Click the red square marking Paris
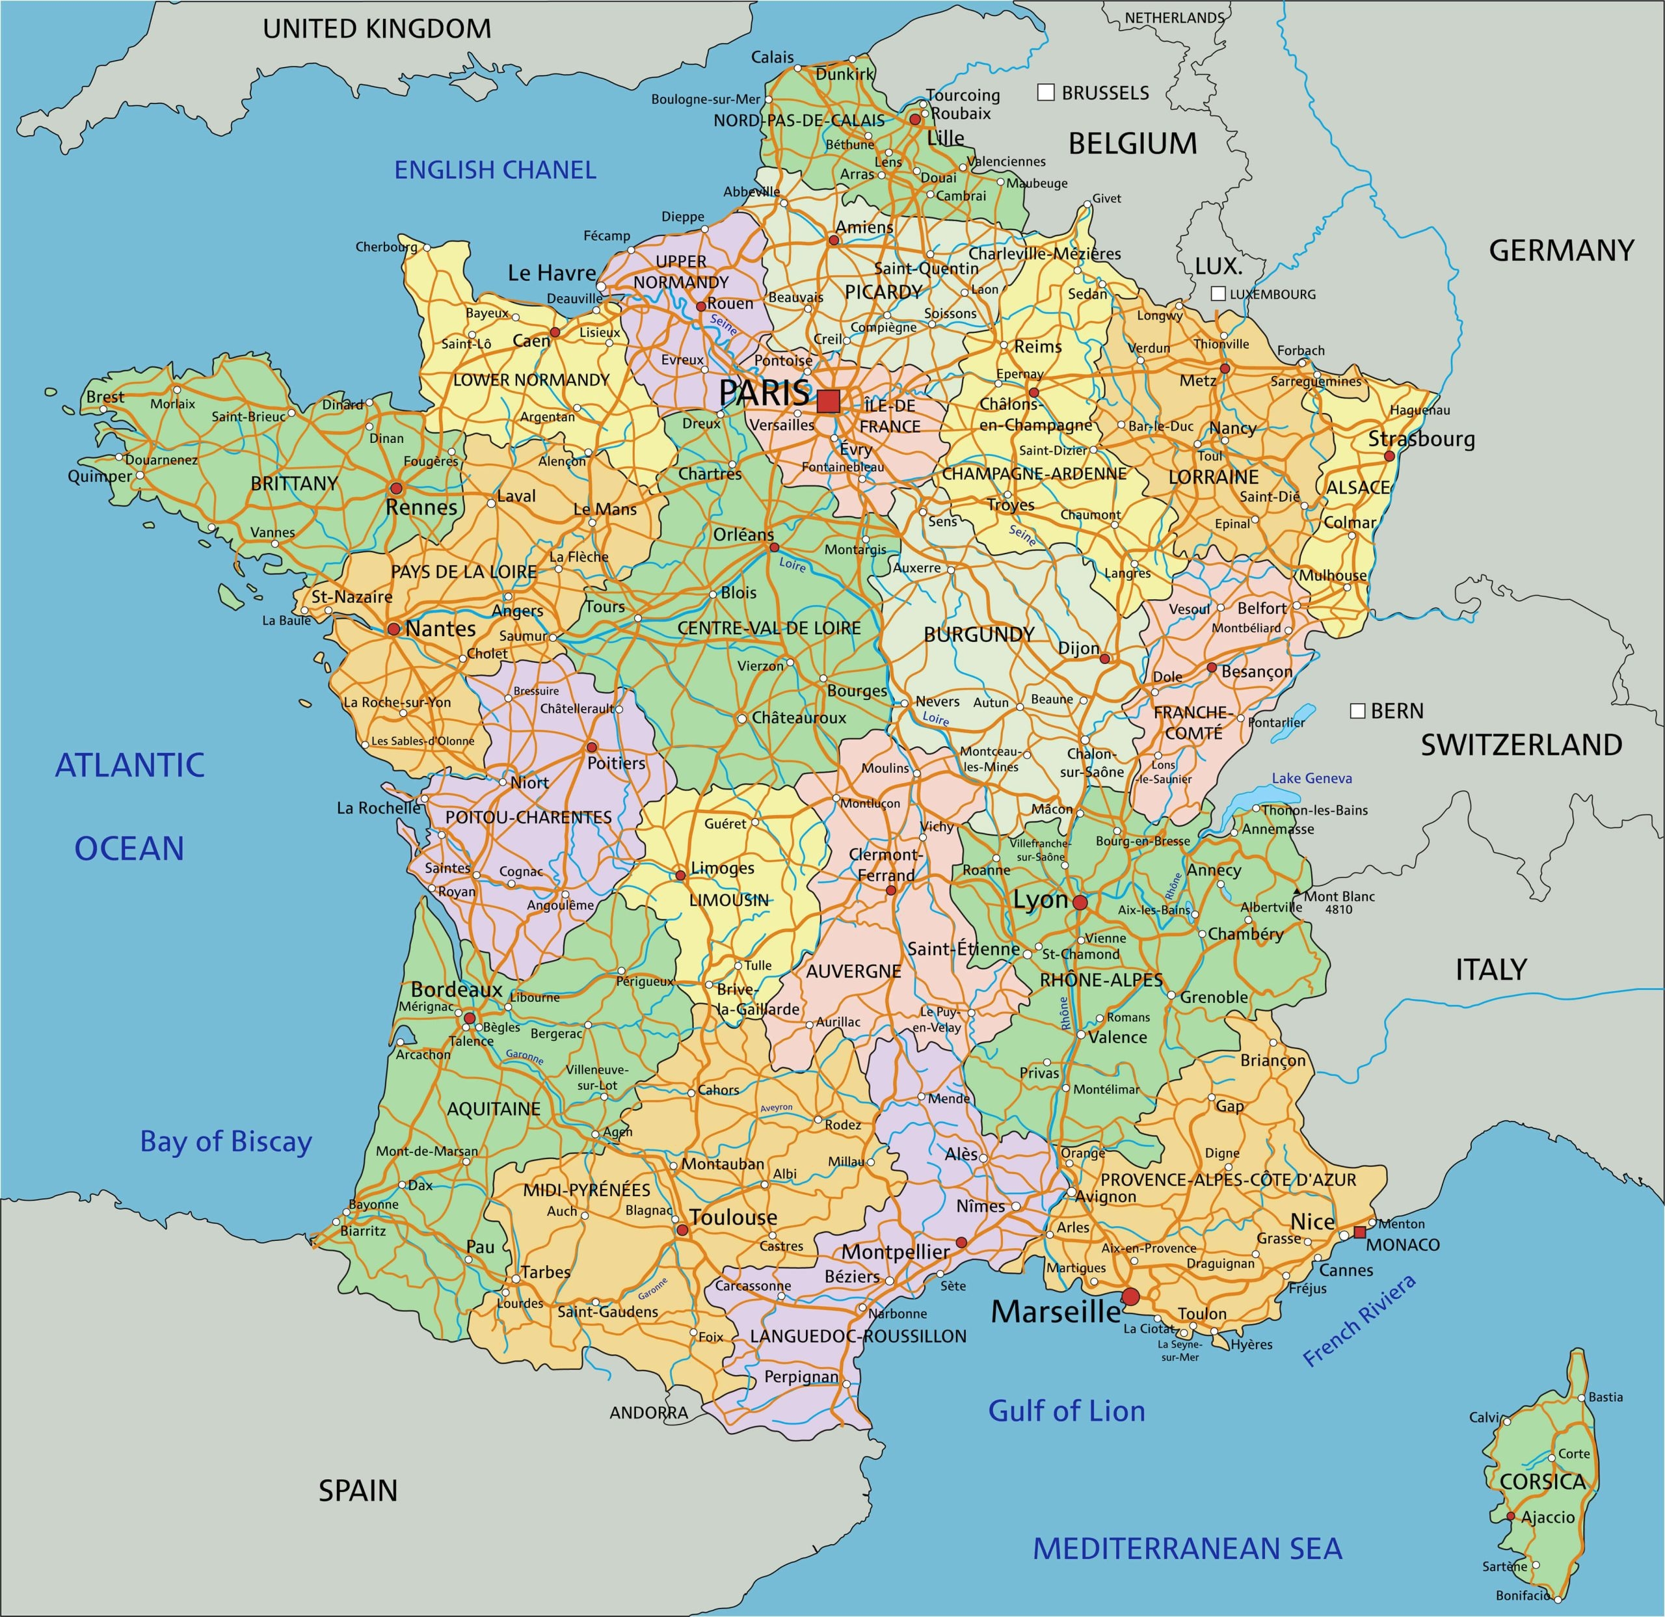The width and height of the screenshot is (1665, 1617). tap(828, 401)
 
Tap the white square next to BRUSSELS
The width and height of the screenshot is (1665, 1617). tap(1046, 92)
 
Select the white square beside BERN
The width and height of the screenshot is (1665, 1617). tap(1357, 710)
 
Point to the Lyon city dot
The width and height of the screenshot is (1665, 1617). tap(1080, 902)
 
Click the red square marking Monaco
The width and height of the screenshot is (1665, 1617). tap(1360, 1232)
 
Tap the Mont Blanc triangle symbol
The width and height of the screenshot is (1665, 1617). tap(1296, 893)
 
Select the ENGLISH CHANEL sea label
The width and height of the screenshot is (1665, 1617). tap(495, 170)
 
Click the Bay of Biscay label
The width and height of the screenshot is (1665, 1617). tap(226, 1141)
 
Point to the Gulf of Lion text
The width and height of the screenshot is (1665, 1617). tap(1066, 1411)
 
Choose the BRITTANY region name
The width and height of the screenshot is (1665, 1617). tap(294, 483)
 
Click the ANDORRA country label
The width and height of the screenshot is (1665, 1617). tap(648, 1413)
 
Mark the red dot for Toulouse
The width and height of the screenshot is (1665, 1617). tap(682, 1229)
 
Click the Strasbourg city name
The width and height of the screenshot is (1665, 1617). tap(1421, 439)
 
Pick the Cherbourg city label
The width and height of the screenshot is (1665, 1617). tap(386, 247)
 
